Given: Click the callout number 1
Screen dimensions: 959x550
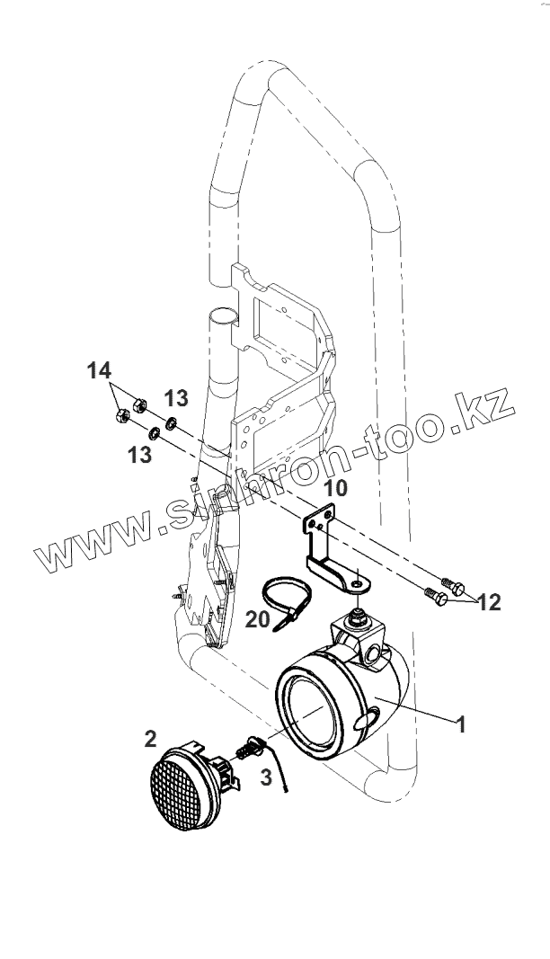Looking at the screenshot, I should click(x=461, y=724).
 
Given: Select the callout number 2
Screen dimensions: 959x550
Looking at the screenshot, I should click(x=150, y=739).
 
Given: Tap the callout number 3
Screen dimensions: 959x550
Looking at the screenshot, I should click(x=265, y=777).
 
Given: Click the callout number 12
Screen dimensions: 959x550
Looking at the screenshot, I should click(x=489, y=601).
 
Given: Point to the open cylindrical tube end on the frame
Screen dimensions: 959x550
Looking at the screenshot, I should click(x=224, y=317).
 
